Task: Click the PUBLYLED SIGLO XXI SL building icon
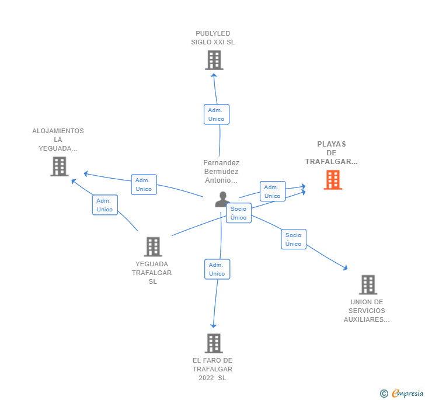pyautogui.click(x=214, y=60)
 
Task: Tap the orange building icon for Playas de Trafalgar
pyautogui.click(x=333, y=180)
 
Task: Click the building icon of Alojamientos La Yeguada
pyautogui.click(x=59, y=166)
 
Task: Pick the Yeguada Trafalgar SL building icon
pyautogui.click(x=152, y=246)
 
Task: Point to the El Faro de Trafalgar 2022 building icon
pyautogui.click(x=214, y=343)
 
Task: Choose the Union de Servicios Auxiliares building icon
pyautogui.click(x=368, y=285)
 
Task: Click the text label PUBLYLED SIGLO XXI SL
pyautogui.click(x=213, y=38)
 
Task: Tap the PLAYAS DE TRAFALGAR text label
pyautogui.click(x=332, y=153)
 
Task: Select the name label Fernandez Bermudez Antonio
pyautogui.click(x=221, y=172)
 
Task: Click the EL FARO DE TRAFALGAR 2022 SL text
pyautogui.click(x=212, y=369)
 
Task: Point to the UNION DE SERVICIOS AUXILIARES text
pyautogui.click(x=367, y=311)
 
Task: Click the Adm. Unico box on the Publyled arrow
pyautogui.click(x=216, y=114)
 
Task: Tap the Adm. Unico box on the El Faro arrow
pyautogui.click(x=217, y=269)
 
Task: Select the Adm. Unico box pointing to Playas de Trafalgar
pyautogui.click(x=272, y=192)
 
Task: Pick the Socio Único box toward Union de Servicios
pyautogui.click(x=294, y=239)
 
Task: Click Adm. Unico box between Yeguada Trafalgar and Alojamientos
pyautogui.click(x=105, y=205)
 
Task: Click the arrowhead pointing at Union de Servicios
pyautogui.click(x=345, y=267)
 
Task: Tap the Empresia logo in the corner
pyautogui.click(x=402, y=394)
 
